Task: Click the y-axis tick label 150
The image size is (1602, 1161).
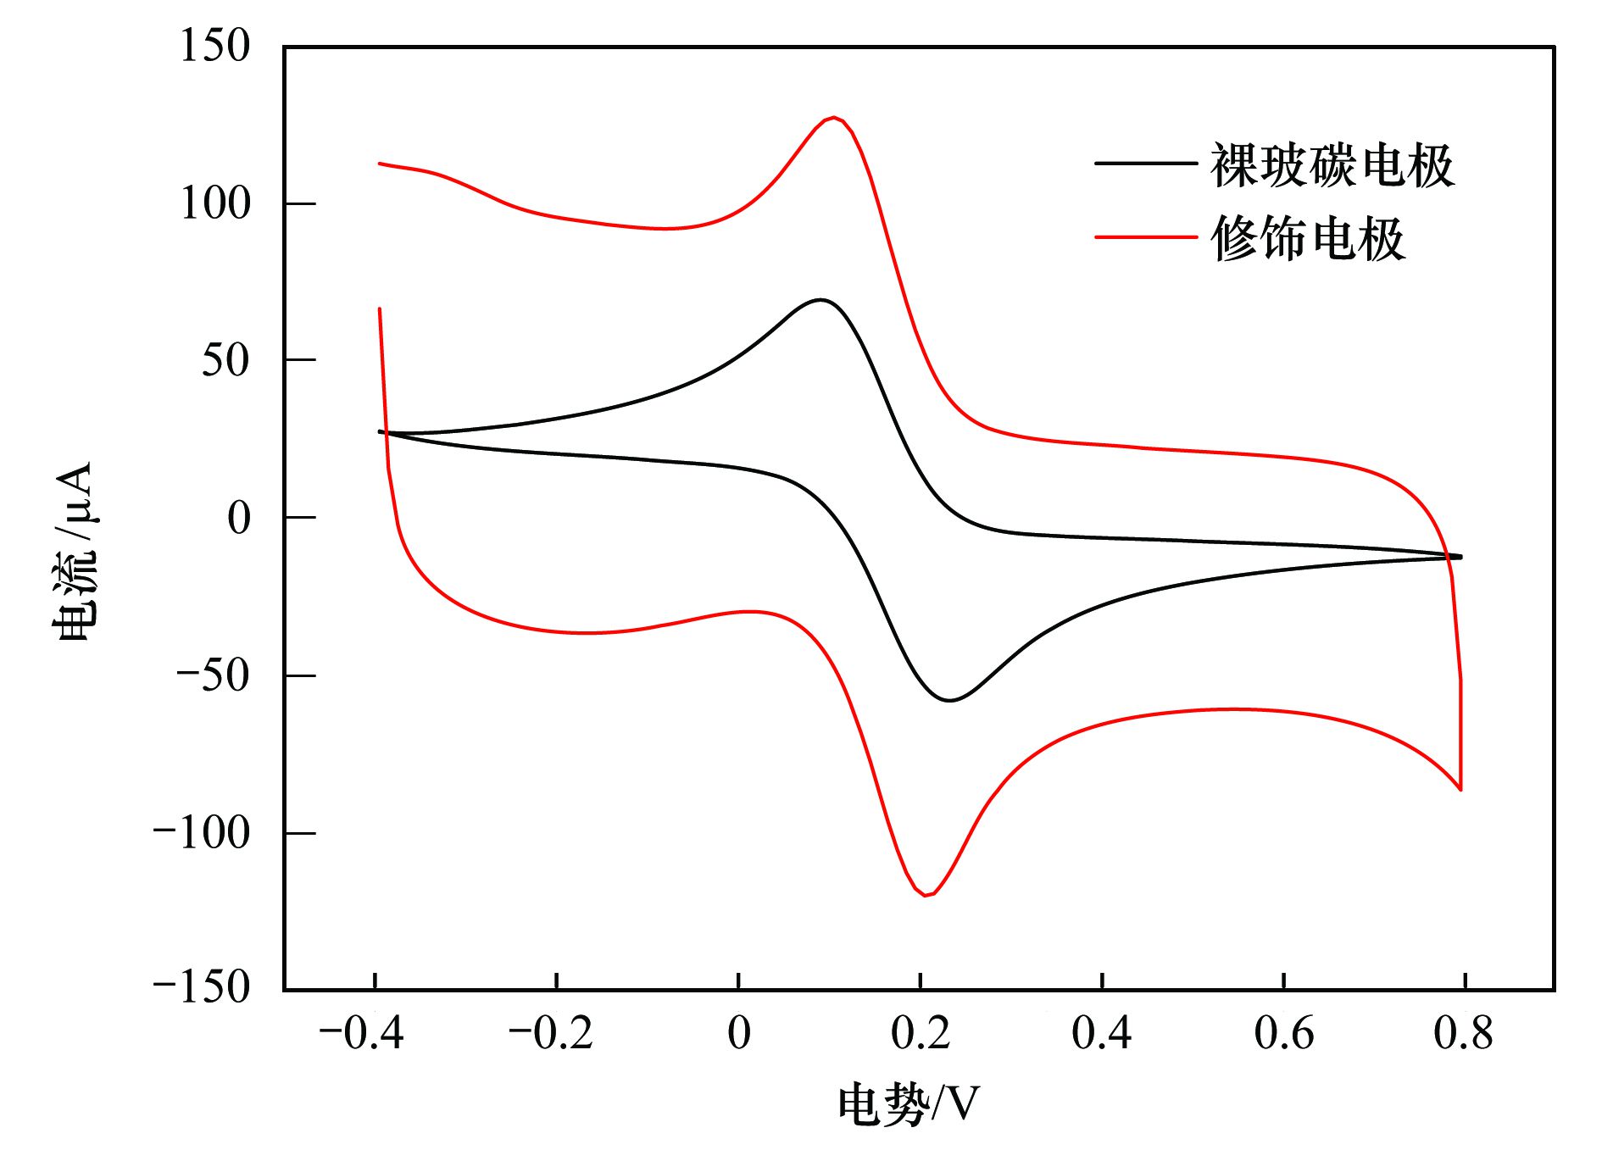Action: point(215,46)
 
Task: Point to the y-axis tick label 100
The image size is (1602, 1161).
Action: point(215,204)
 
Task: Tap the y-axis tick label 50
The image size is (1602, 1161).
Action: point(225,361)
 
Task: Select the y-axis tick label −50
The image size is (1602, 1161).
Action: point(213,676)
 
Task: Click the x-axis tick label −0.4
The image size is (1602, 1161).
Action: point(361,1034)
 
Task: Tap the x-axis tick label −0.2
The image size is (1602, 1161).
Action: point(550,1034)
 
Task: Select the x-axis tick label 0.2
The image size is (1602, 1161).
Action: point(921,1034)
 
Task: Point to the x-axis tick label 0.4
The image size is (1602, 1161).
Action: point(1101,1034)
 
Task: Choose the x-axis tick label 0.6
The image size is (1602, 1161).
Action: point(1283,1034)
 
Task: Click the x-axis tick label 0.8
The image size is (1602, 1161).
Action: point(1463,1034)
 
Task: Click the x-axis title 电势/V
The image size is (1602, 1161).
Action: point(908,1105)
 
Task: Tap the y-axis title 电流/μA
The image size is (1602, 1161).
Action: point(75,551)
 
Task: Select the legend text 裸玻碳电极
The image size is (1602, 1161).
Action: point(1332,166)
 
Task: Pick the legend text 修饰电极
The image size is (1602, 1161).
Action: point(1308,239)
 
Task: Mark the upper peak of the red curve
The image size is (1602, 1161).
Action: point(835,118)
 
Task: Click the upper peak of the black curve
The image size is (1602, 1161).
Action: point(820,300)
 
